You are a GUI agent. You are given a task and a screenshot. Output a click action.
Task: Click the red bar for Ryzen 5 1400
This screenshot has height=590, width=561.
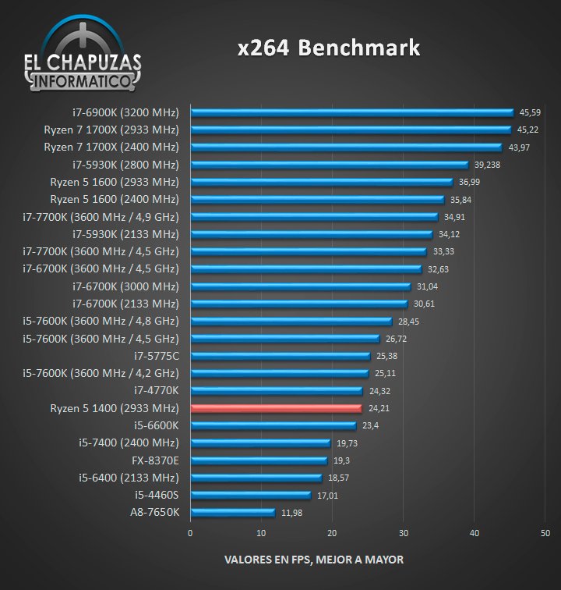tap(276, 408)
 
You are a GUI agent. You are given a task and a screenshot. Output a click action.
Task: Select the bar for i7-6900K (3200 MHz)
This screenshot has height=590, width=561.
tap(351, 112)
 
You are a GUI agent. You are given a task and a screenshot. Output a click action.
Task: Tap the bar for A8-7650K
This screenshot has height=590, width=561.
tap(232, 513)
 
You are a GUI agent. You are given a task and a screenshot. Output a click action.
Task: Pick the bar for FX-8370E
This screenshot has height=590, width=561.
tap(259, 460)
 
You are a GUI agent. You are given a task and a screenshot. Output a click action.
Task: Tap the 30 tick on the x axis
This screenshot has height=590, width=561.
tap(403, 533)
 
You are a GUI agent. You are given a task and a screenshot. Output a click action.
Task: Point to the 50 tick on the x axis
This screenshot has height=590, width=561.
tap(545, 533)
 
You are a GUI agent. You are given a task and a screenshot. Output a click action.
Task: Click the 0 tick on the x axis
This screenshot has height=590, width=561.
tap(190, 533)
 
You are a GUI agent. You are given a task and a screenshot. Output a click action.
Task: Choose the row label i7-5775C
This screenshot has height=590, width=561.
tap(156, 356)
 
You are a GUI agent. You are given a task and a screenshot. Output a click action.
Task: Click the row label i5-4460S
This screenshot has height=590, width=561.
tap(157, 495)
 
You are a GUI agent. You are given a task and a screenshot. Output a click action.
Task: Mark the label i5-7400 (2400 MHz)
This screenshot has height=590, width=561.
tap(129, 443)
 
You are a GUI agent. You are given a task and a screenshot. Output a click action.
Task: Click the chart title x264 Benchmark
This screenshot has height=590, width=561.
tap(329, 48)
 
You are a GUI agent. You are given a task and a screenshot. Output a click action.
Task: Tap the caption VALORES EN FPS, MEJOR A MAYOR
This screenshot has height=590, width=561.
tap(314, 560)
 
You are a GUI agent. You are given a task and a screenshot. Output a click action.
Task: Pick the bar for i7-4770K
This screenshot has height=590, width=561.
tap(277, 391)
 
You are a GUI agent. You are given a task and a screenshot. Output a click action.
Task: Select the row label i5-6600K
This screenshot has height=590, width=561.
tap(157, 425)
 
